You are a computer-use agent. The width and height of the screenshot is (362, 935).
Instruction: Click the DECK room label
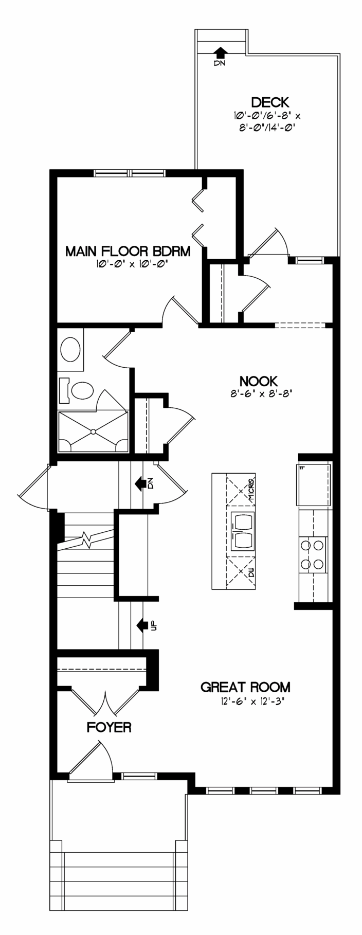(270, 102)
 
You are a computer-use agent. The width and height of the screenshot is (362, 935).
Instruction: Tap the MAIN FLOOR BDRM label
(128, 251)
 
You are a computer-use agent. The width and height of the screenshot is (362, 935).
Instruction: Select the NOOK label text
(259, 381)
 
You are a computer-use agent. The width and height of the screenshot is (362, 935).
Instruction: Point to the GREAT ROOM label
(245, 687)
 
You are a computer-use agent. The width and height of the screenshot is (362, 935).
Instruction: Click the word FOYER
(108, 727)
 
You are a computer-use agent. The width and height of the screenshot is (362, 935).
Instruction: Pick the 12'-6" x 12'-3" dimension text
(251, 701)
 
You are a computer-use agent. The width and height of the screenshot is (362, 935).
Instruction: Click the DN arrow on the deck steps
(220, 52)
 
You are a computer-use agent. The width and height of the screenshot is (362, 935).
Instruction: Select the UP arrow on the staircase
(143, 625)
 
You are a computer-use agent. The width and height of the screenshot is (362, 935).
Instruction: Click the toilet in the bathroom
(77, 391)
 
